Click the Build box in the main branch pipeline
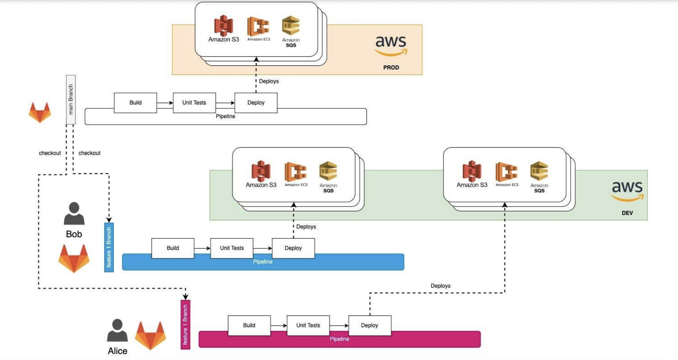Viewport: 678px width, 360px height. click(135, 103)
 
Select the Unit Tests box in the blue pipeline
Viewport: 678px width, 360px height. click(232, 248)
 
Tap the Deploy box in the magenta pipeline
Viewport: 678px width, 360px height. click(369, 326)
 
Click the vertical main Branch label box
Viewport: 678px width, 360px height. click(71, 100)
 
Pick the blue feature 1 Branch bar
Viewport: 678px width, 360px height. click(109, 247)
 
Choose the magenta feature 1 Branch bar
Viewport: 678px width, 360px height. click(185, 324)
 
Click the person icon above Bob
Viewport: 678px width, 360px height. click(74, 213)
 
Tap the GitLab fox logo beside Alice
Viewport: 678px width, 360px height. click(151, 335)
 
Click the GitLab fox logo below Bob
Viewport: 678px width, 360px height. click(74, 258)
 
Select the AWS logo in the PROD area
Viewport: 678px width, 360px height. click(391, 45)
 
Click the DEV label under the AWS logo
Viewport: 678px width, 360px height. click(627, 213)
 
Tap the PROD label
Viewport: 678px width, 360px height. click(391, 68)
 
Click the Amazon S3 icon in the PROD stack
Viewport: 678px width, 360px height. click(223, 26)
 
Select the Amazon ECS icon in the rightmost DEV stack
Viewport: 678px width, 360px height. click(506, 172)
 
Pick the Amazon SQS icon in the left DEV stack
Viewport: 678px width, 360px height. click(328, 171)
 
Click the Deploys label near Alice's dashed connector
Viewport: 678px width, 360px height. click(440, 286)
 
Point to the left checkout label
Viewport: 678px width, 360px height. click(50, 153)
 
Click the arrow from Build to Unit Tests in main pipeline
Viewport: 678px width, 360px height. click(165, 103)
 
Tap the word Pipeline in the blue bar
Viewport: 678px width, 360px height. click(263, 262)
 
